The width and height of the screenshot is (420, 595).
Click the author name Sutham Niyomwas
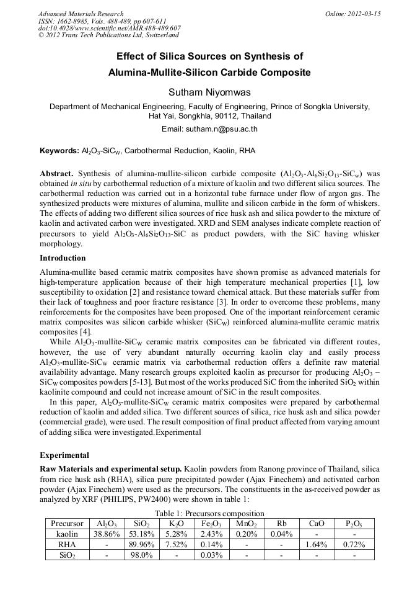(x=209, y=92)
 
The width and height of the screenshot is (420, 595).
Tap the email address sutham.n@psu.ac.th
(x=209, y=129)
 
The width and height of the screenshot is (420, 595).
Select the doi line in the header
(x=109, y=29)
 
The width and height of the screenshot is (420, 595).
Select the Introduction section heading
(x=63, y=257)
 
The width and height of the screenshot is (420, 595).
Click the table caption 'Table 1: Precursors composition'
(x=209, y=513)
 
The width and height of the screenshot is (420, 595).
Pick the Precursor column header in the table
(x=67, y=523)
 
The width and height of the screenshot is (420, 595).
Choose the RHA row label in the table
(x=67, y=544)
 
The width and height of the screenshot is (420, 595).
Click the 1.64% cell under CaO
(x=317, y=544)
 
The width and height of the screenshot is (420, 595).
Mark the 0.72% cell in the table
(x=354, y=544)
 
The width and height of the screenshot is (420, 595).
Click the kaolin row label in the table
(x=67, y=534)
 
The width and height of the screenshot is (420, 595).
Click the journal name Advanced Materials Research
(x=81, y=14)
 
